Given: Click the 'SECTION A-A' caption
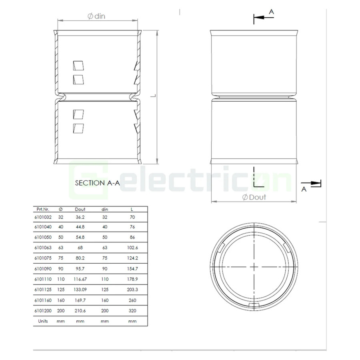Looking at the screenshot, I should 97,183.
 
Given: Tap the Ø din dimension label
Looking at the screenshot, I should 96,16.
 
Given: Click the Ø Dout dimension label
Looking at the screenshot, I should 254,197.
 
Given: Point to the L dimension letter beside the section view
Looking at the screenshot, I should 152,96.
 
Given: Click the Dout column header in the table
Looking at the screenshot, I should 80,209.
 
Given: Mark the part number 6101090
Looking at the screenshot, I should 43,269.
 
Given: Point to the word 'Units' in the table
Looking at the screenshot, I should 43,321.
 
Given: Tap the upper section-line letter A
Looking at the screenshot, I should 271,12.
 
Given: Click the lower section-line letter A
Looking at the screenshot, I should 304,189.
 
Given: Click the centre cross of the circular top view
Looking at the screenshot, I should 255,266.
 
